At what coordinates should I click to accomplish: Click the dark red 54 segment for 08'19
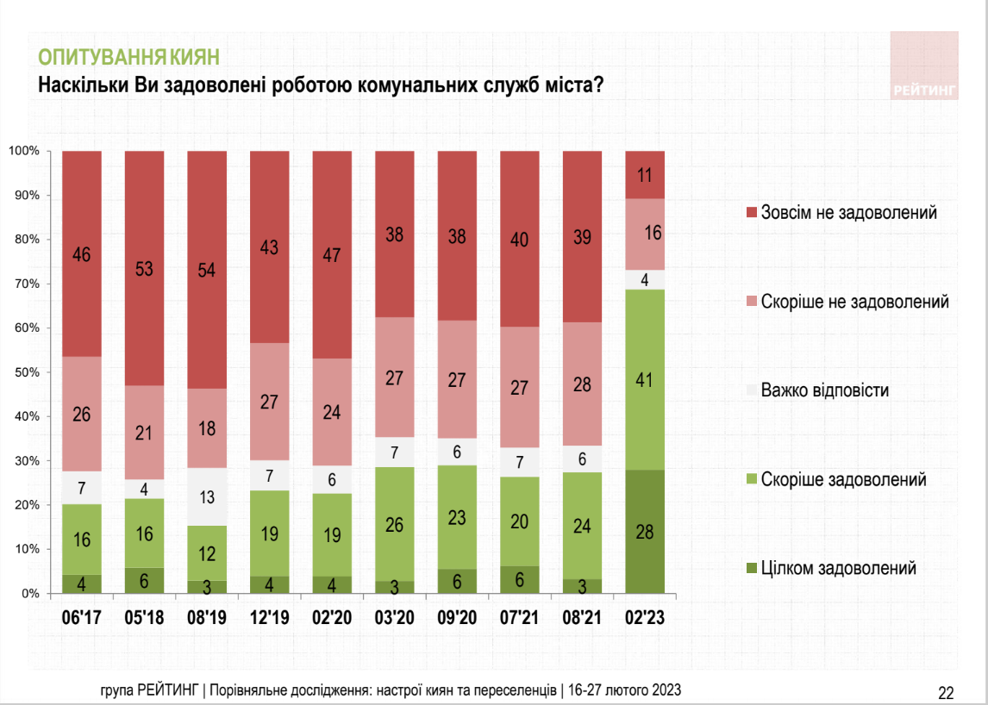(x=207, y=270)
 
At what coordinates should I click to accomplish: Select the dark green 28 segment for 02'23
(x=645, y=532)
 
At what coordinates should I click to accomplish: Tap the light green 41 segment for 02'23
(x=645, y=379)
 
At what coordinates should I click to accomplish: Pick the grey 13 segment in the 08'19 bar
(x=207, y=496)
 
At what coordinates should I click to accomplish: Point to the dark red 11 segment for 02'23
(x=645, y=175)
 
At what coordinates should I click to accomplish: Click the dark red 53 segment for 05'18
(x=145, y=268)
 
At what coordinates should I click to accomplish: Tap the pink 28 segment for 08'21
(x=583, y=384)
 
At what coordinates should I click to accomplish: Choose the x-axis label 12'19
(x=270, y=617)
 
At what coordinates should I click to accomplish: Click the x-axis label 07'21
(x=520, y=617)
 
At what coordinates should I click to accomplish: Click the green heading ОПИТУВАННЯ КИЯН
(x=128, y=58)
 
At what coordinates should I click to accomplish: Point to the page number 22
(x=946, y=692)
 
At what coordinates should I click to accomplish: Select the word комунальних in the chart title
(x=397, y=85)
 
